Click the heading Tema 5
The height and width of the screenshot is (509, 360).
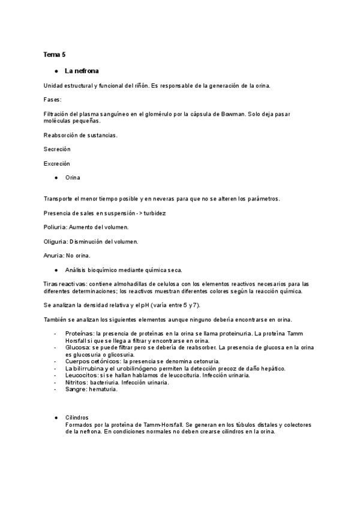point(55,55)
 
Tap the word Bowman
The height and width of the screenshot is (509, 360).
point(232,113)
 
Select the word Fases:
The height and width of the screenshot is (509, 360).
point(53,99)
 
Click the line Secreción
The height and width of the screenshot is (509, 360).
point(57,149)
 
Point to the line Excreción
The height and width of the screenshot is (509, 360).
point(57,163)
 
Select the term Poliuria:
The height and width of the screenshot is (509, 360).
point(57,227)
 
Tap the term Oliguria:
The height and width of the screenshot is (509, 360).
point(58,242)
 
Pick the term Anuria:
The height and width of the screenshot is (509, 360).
point(55,256)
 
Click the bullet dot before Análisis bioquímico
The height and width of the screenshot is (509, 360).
point(56,270)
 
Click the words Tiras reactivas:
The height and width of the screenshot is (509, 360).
point(65,284)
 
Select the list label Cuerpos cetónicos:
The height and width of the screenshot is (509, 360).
point(92,361)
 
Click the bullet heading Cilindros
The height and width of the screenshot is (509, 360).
point(77,417)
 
